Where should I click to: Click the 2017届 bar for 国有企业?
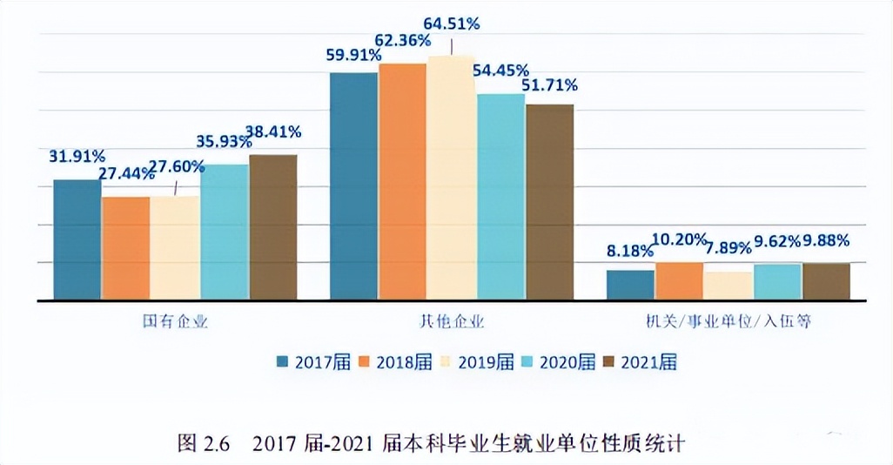pyautogui.click(x=77, y=239)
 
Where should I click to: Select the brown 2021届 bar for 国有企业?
pyautogui.click(x=273, y=227)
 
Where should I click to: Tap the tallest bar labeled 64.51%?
pyautogui.click(x=451, y=179)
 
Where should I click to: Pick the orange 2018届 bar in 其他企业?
pyautogui.click(x=402, y=182)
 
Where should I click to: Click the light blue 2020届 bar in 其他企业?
pyautogui.click(x=500, y=197)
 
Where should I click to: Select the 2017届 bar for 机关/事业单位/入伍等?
pyautogui.click(x=630, y=285)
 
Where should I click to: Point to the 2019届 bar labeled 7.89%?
pyautogui.click(x=728, y=286)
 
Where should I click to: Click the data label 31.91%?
pyautogui.click(x=77, y=157)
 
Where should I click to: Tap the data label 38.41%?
pyautogui.click(x=273, y=132)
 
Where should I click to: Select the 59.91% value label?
pyautogui.click(x=353, y=55)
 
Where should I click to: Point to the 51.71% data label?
pyautogui.click(x=549, y=85)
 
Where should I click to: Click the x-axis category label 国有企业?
pyautogui.click(x=175, y=321)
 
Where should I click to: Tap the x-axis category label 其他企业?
pyautogui.click(x=452, y=321)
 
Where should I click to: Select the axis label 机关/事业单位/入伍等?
pyautogui.click(x=728, y=321)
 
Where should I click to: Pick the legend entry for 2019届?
pyautogui.click(x=480, y=361)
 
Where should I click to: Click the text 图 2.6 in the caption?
pyautogui.click(x=203, y=443)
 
